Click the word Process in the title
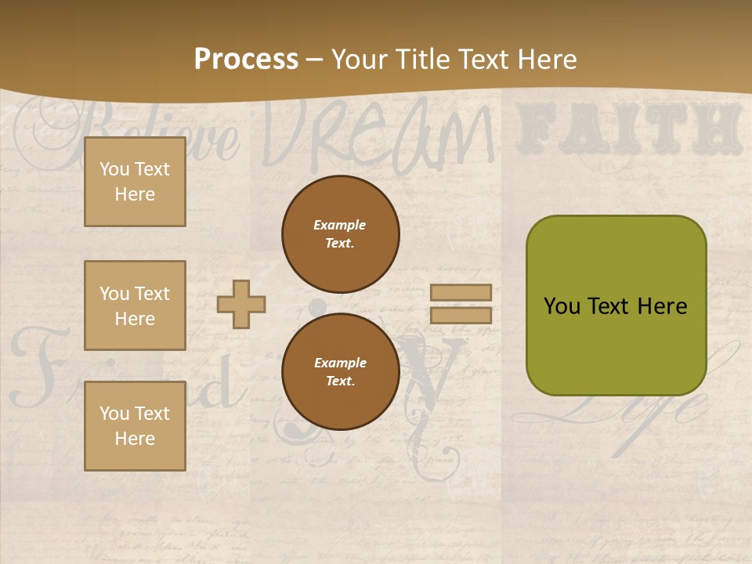pyautogui.click(x=246, y=60)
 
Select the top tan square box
pyautogui.click(x=135, y=182)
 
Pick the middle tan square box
pyautogui.click(x=135, y=305)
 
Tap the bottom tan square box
pyautogui.click(x=135, y=426)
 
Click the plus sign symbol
pyautogui.click(x=241, y=304)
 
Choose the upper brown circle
pyautogui.click(x=341, y=234)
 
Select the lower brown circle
pyautogui.click(x=341, y=372)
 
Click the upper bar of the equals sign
pyautogui.click(x=461, y=292)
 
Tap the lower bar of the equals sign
pyautogui.click(x=461, y=316)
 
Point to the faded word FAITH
pyautogui.click(x=629, y=128)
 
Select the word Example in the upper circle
pyautogui.click(x=339, y=225)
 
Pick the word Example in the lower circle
pyautogui.click(x=340, y=363)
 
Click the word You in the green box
pyautogui.click(x=562, y=306)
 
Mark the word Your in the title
pyautogui.click(x=361, y=60)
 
